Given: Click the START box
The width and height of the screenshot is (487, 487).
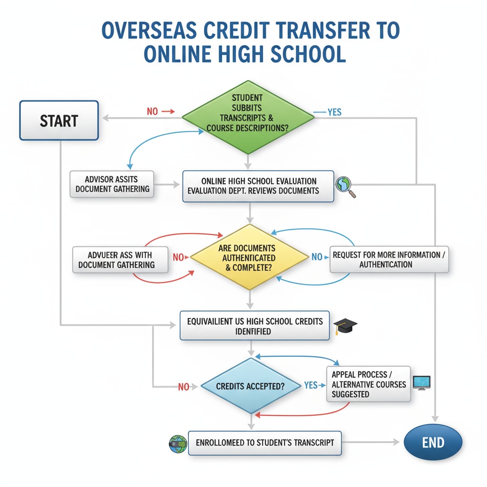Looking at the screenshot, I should [59, 120].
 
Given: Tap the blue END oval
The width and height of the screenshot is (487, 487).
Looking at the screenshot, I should [433, 442].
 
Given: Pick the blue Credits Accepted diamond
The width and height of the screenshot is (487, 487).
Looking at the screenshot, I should [250, 386].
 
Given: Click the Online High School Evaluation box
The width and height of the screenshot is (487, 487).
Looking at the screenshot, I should [258, 186].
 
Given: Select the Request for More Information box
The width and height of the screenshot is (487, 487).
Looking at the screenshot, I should [389, 259].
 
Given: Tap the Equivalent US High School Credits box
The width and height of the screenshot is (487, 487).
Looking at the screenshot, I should [254, 326].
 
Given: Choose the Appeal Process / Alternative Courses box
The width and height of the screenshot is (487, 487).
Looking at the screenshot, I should [369, 384].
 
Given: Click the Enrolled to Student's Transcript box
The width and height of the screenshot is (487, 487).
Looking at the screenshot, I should [264, 443].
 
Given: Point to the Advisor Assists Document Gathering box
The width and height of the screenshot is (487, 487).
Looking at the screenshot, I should [112, 184].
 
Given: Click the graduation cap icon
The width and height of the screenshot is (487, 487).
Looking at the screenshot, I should [345, 326].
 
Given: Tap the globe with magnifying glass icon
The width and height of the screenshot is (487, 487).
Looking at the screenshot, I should [345, 186].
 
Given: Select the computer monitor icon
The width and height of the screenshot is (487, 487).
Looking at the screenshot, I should [421, 382].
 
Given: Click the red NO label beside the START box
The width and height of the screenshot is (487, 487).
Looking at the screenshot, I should [152, 112].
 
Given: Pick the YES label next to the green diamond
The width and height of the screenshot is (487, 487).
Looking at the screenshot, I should [334, 112].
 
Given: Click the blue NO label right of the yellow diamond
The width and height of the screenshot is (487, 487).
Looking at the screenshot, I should [317, 257].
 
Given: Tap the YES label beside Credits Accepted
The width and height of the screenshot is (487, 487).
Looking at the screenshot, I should [311, 385].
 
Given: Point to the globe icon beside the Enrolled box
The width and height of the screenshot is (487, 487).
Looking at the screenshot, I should [177, 443].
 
